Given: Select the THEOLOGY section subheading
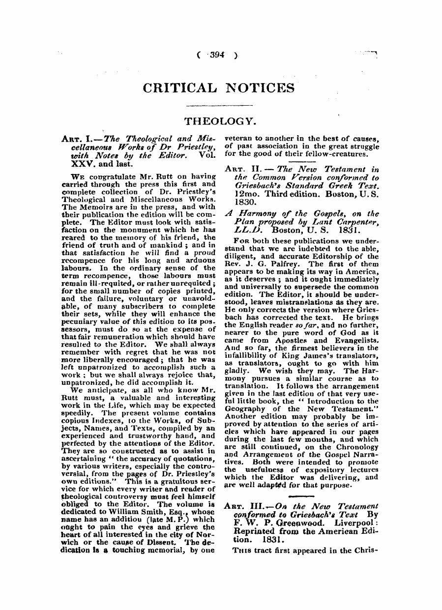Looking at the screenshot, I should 220,121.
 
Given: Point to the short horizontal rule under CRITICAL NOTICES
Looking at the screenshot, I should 220,105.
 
